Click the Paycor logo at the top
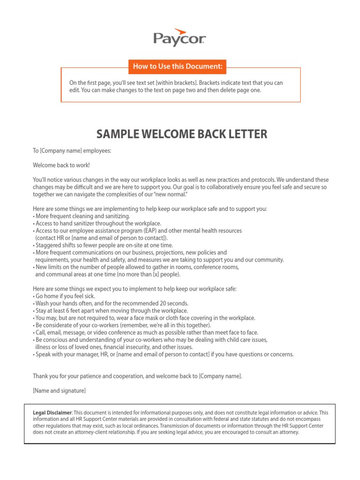pyautogui.click(x=180, y=37)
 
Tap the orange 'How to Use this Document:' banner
pyautogui.click(x=177, y=67)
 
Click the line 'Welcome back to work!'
pyautogui.click(x=61, y=165)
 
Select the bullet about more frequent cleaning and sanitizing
pyautogui.click(x=82, y=216)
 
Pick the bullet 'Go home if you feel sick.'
pyautogui.click(x=65, y=296)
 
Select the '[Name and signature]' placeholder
pyautogui.click(x=59, y=390)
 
